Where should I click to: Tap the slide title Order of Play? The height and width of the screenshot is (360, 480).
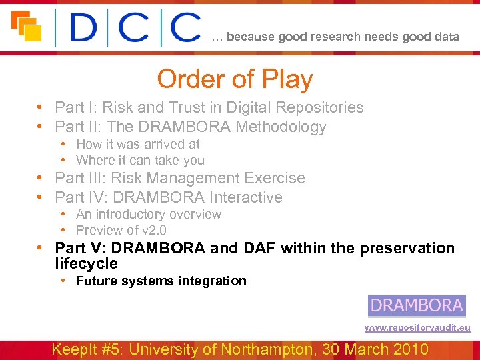pyautogui.click(x=235, y=79)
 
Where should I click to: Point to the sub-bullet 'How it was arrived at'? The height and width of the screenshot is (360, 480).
pyautogui.click(x=137, y=144)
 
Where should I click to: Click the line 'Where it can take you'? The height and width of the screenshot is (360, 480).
pyautogui.click(x=140, y=160)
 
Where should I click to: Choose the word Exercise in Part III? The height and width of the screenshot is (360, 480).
pyautogui.click(x=275, y=178)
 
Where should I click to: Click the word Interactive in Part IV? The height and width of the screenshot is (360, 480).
pyautogui.click(x=246, y=197)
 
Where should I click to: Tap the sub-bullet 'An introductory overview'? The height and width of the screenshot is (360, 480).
pyautogui.click(x=148, y=214)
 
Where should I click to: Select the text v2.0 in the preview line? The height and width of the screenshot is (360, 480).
pyautogui.click(x=152, y=230)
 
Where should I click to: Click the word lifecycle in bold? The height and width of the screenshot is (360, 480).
pyautogui.click(x=86, y=263)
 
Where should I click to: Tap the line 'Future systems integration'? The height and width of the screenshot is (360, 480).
pyautogui.click(x=161, y=281)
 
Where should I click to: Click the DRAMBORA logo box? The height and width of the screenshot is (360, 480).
pyautogui.click(x=417, y=305)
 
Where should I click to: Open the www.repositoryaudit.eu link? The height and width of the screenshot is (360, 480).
pyautogui.click(x=417, y=328)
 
